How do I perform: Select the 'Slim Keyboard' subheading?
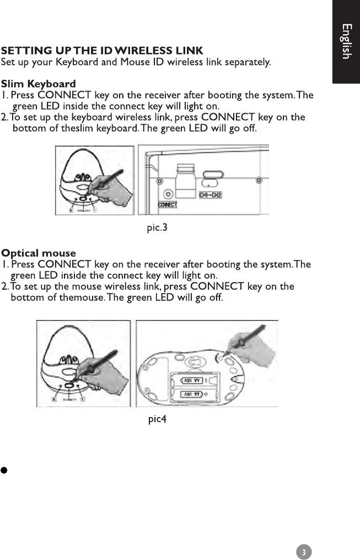point(39,84)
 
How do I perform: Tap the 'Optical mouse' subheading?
point(39,254)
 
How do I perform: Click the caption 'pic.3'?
point(157,228)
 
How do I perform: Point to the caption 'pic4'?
point(157,419)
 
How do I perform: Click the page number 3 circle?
point(304,552)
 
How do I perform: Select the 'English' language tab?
point(346,41)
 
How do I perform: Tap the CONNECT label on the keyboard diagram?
point(167,205)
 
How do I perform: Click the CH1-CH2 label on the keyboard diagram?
point(211,195)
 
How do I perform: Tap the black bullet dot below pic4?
point(3,471)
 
